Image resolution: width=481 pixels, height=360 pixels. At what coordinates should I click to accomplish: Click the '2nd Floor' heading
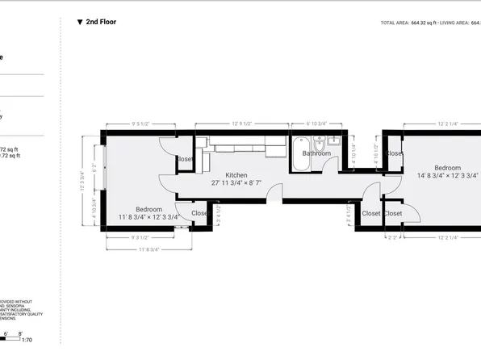click(100, 22)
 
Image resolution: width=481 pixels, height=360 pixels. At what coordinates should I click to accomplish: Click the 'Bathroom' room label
click(316, 153)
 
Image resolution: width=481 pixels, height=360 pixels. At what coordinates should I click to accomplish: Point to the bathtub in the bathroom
click(300, 160)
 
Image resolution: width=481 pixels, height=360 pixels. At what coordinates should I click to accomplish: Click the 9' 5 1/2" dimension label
click(140, 123)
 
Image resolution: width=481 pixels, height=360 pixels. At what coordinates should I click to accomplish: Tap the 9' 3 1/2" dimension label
click(140, 237)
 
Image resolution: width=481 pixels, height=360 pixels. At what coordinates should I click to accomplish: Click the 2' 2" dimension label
click(393, 237)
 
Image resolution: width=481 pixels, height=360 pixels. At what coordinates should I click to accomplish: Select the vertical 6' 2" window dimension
click(94, 170)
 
